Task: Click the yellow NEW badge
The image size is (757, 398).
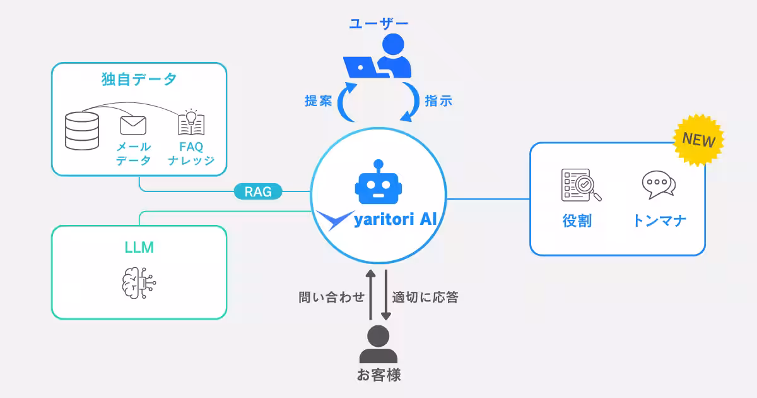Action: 698,140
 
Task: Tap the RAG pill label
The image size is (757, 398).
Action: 258,191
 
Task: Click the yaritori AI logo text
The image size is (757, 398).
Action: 396,220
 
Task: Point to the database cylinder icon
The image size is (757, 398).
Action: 82,130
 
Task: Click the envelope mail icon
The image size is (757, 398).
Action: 133,125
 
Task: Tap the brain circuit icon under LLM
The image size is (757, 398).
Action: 138,282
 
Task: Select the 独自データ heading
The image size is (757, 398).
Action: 139,80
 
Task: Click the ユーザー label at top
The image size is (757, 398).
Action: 378,23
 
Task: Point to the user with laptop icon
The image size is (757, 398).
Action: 378,56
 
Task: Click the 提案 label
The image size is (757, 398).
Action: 319,101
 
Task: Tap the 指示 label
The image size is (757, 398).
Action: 438,101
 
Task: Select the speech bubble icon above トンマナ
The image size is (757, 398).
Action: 658,185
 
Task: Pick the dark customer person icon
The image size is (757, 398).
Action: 378,344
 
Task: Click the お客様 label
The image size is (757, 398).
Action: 378,375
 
